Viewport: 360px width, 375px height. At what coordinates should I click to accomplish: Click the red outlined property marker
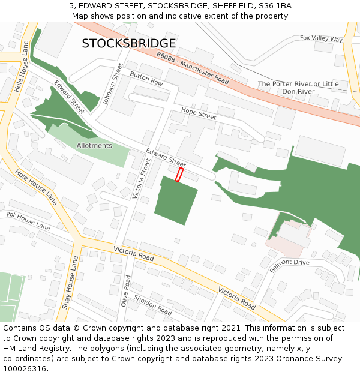(179, 174)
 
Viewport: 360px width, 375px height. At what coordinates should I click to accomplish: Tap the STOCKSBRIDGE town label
(129, 43)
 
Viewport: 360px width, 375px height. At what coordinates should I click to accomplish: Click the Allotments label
(94, 146)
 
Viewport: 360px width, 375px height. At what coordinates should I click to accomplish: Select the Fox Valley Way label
(321, 39)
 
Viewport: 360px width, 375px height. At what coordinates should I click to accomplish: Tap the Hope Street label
(199, 112)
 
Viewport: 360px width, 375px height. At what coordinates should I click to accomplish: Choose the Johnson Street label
(112, 84)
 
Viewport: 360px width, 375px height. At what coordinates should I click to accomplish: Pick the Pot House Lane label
(28, 220)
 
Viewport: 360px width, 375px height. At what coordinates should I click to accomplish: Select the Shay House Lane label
(70, 283)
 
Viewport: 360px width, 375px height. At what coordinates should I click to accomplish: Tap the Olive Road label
(126, 292)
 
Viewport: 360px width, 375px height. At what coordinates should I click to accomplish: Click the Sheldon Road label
(152, 305)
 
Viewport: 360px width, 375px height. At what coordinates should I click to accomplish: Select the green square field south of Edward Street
(176, 201)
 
